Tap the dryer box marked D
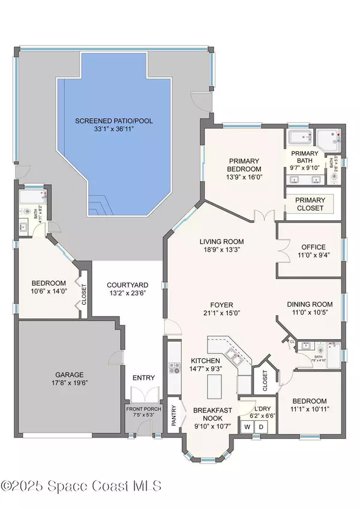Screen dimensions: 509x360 click(x=262, y=427)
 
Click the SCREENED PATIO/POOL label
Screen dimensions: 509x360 click(x=114, y=121)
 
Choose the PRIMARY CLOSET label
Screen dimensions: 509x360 click(x=310, y=204)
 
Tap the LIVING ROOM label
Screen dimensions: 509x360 click(x=221, y=242)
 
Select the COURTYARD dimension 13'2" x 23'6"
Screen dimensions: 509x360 click(x=127, y=294)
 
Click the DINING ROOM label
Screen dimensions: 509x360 click(x=310, y=304)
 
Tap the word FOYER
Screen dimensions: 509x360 click(x=221, y=304)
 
